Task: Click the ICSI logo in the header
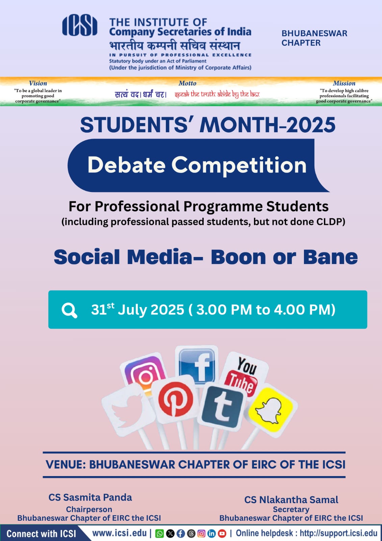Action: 80,25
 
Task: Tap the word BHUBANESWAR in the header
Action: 314,33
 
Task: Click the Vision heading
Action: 38,83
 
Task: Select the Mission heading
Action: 344,83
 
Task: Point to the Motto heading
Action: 187,83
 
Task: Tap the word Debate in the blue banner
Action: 126,165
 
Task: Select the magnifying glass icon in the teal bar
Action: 69,311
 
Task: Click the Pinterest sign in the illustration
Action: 176,399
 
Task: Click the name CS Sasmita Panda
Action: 90,497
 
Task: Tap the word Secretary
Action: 291,509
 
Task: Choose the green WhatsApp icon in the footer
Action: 159,534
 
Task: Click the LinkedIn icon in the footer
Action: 211,534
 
